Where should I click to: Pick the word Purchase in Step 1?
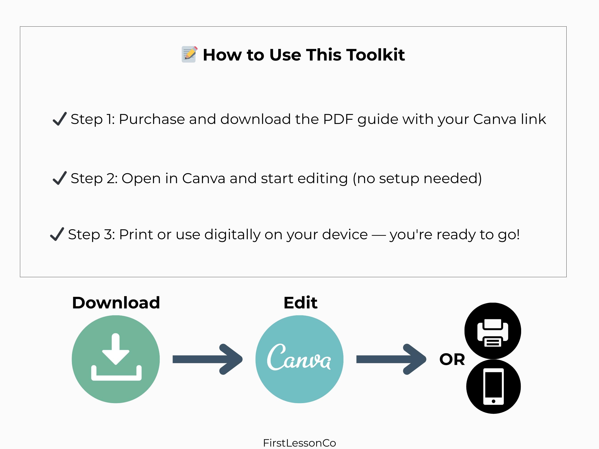152,119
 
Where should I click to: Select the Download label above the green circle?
116,303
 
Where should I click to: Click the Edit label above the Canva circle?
300,303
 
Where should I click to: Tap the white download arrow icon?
116,357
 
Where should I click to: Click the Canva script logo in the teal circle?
299,357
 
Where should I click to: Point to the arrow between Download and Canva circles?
207,359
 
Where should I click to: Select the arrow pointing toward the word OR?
391,359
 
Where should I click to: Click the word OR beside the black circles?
452,359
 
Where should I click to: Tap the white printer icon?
493,333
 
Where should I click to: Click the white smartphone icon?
493,386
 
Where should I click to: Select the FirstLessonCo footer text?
299,443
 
